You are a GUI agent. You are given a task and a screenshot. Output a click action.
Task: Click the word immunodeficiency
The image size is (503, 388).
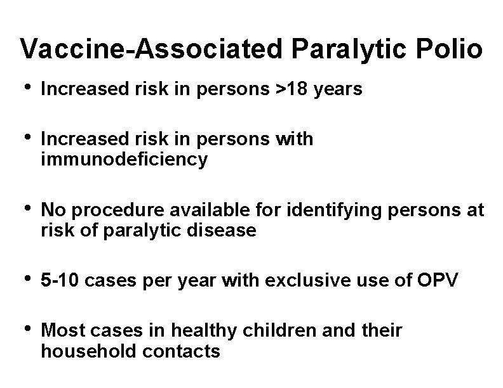(124, 160)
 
